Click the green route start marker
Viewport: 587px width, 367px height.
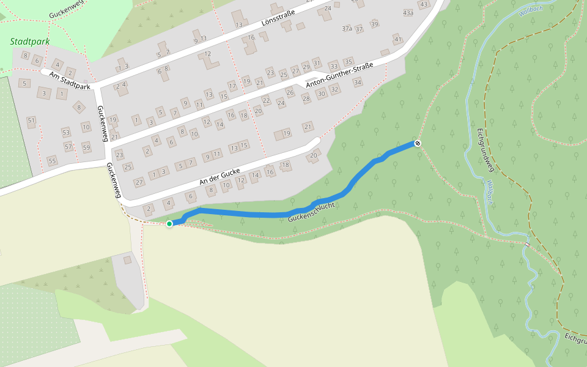[169, 224]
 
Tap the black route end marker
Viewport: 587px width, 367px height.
[418, 143]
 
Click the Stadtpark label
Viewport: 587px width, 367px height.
[30, 42]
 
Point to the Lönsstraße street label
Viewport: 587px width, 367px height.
[278, 21]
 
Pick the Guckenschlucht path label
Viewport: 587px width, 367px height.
[311, 211]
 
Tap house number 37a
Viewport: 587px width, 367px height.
[347, 29]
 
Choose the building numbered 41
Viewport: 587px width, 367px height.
[398, 40]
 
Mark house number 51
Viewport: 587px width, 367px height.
[31, 120]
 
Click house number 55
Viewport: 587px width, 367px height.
[52, 161]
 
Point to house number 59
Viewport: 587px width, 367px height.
[86, 147]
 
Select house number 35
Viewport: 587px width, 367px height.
[349, 62]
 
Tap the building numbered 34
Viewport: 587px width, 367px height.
[358, 83]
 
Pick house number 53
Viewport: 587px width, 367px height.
[66, 132]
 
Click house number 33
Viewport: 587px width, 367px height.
[334, 66]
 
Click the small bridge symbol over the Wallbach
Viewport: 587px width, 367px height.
[527, 245]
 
